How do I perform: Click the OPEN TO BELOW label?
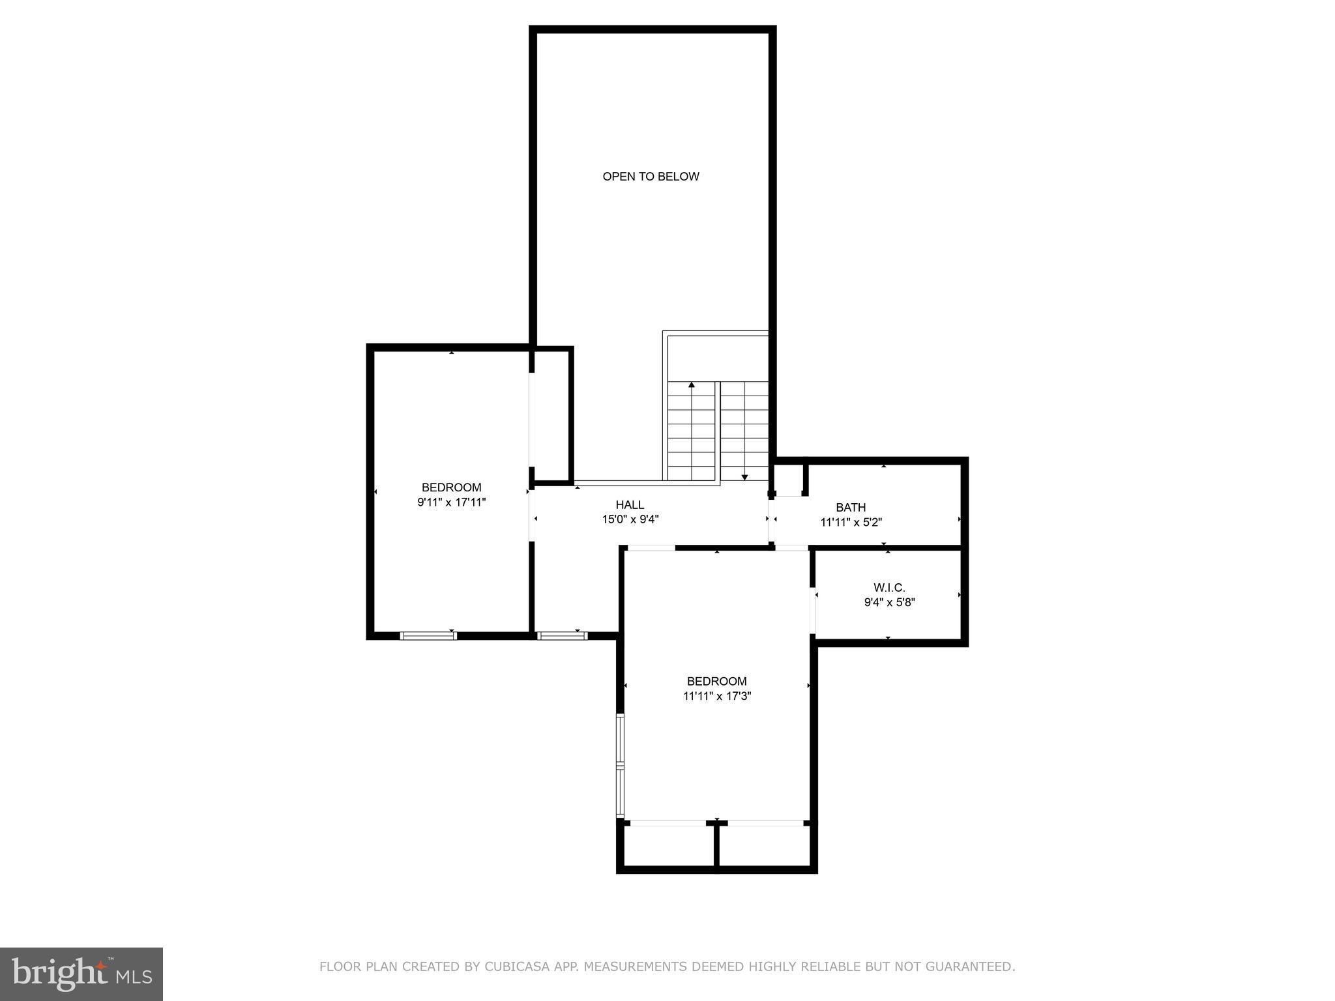(651, 177)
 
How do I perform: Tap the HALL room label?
(630, 504)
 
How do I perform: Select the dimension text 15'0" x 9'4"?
(630, 519)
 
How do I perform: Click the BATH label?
(851, 507)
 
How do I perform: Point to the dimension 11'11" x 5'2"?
(851, 522)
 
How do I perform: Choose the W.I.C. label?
(889, 588)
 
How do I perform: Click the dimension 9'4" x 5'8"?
(889, 603)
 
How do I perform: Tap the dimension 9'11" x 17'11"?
(451, 502)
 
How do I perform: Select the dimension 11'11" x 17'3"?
(716, 696)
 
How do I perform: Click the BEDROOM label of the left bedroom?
(451, 487)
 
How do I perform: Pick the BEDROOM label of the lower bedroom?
(716, 681)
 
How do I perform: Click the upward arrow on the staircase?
(692, 386)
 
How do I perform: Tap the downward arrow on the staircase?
(744, 476)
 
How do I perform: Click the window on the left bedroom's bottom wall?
(428, 635)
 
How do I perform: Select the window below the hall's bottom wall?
(562, 635)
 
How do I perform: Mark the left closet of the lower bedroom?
(668, 846)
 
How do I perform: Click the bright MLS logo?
(81, 974)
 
